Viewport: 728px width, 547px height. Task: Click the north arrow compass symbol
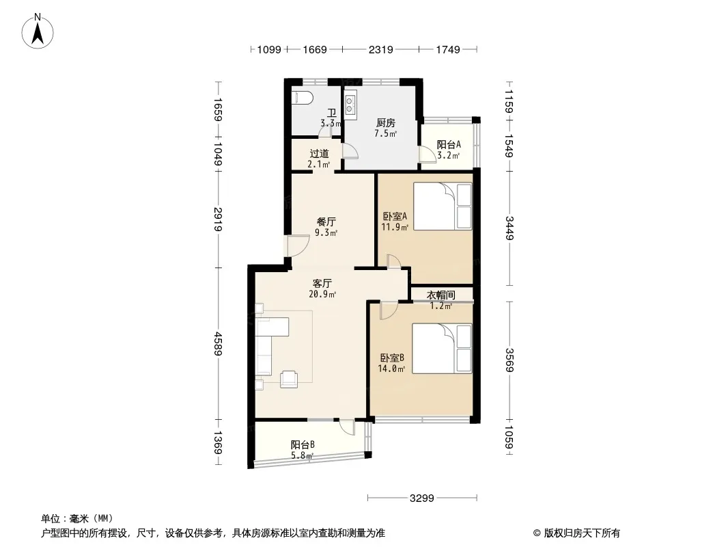(x=38, y=31)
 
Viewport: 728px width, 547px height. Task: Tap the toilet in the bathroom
(x=303, y=98)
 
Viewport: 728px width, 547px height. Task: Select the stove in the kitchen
(x=350, y=105)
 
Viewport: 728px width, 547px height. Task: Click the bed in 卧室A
(x=443, y=206)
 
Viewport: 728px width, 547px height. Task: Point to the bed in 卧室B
(x=442, y=349)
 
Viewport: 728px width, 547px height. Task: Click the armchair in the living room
(x=290, y=379)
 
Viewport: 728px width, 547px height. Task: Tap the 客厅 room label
(x=322, y=283)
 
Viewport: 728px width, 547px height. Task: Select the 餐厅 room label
(x=326, y=222)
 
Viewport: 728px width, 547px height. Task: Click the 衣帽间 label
(x=441, y=295)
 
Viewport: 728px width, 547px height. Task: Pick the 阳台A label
(x=449, y=144)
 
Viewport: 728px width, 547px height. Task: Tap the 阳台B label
(x=303, y=444)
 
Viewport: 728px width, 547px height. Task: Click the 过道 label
(x=319, y=153)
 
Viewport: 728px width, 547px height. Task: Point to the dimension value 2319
(x=380, y=49)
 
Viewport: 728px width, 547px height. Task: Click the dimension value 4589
(x=218, y=344)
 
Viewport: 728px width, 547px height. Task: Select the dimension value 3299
(x=421, y=498)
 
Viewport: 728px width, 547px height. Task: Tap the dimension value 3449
(x=509, y=228)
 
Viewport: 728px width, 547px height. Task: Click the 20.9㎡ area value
(x=322, y=294)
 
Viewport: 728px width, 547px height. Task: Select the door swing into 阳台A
(x=425, y=153)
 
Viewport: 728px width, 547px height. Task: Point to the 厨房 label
(x=386, y=123)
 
